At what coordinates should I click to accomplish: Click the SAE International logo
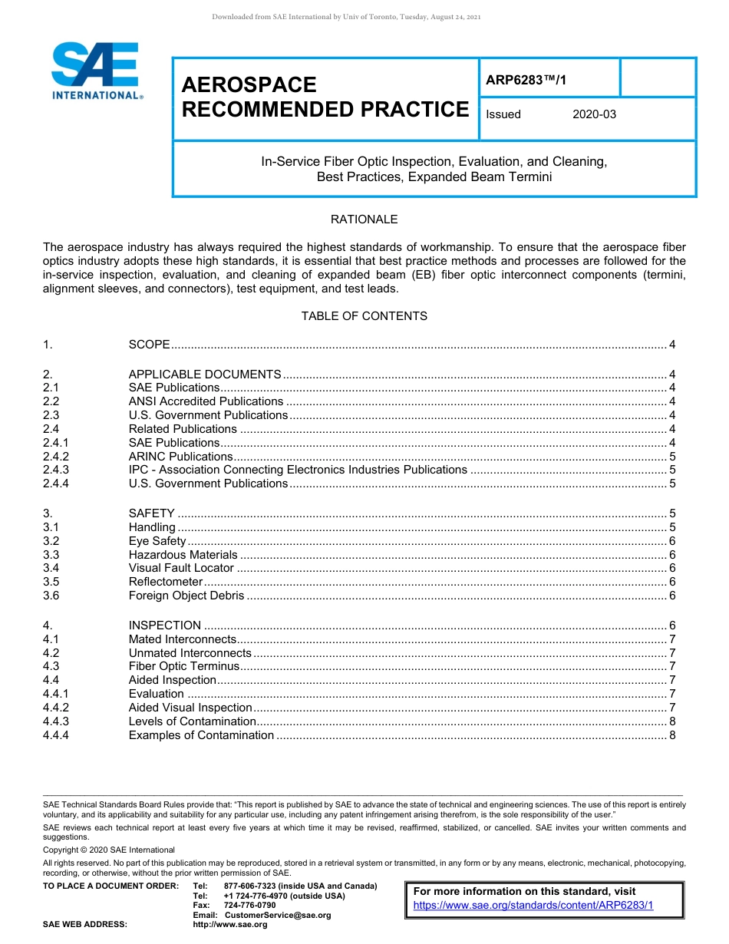[95, 71]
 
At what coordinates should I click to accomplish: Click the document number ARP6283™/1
[526, 79]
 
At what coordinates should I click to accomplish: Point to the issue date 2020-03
[594, 114]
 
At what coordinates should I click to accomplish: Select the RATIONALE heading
[364, 219]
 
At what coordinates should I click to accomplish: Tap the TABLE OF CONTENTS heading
[364, 316]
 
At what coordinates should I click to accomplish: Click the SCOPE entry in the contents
[149, 345]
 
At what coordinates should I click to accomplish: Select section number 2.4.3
[56, 470]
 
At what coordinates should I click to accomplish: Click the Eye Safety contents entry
[157, 541]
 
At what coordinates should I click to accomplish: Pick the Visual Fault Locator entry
[181, 568]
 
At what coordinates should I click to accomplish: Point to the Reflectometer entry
[165, 582]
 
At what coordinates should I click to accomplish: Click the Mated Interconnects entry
[182, 639]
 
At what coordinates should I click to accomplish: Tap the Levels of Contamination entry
[192, 721]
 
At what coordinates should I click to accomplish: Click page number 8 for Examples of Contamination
[672, 735]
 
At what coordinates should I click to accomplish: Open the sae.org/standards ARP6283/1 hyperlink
[533, 905]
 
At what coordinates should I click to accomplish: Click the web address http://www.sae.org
[230, 925]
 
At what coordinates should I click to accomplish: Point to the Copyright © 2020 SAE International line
[109, 850]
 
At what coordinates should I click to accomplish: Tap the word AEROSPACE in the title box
[249, 84]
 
